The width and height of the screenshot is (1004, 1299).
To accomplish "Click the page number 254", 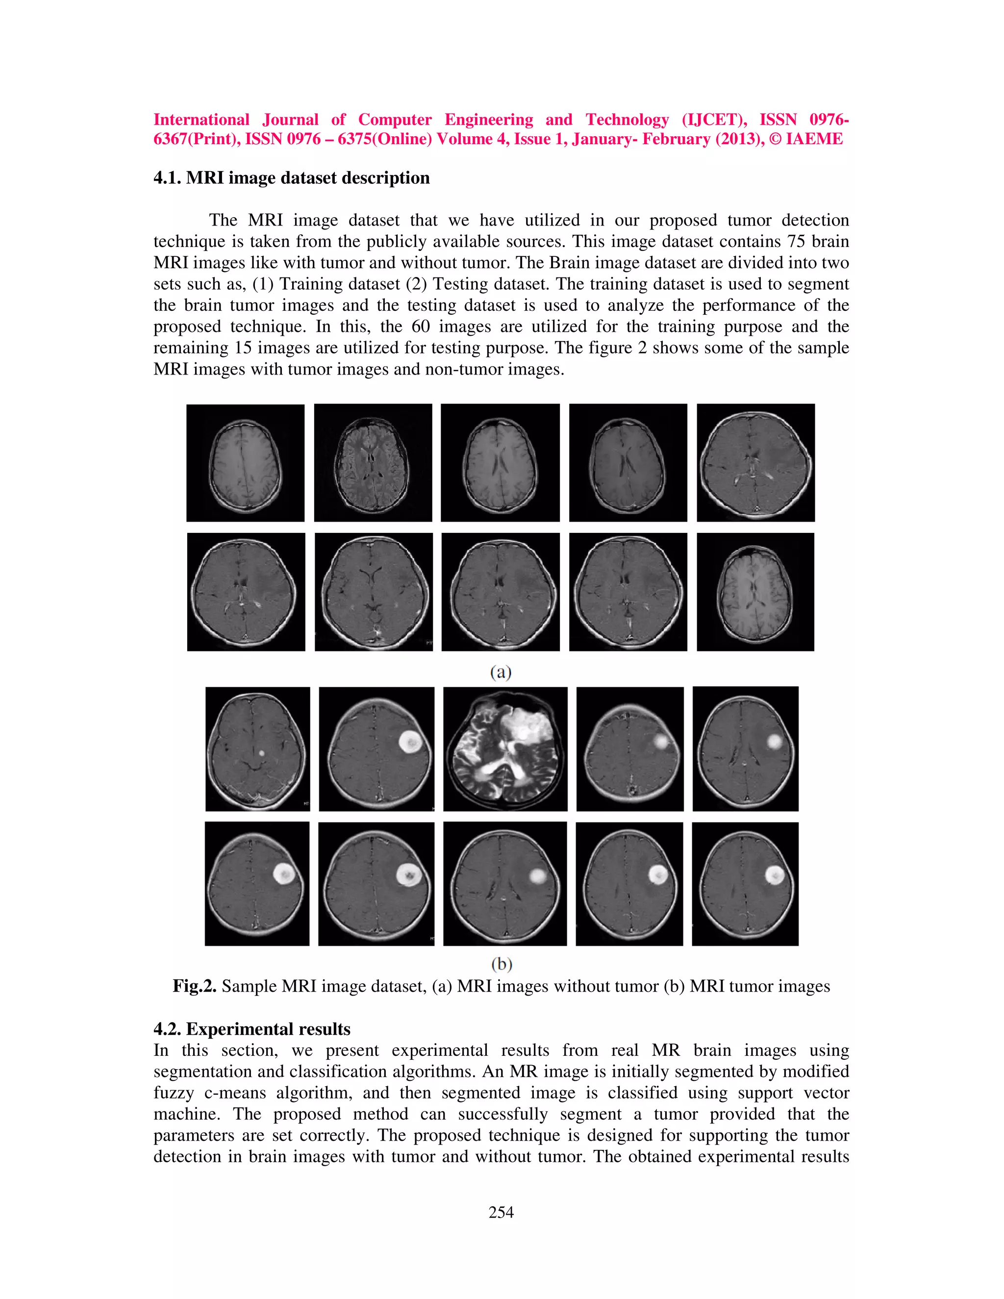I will pos(501,1213).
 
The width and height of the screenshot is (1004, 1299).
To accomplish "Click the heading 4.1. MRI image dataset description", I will pos(292,178).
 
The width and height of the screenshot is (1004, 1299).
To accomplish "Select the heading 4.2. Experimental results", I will pos(251,1029).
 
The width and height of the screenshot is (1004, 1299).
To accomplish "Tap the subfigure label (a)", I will pos(501,672).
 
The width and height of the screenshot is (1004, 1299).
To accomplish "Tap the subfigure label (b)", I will pos(502,964).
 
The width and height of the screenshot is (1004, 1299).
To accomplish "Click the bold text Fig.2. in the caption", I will pos(195,986).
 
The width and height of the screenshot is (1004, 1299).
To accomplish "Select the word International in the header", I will pos(201,120).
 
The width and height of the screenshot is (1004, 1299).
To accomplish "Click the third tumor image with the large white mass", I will pos(505,749).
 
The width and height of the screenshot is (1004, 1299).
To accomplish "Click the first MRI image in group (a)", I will pos(245,463).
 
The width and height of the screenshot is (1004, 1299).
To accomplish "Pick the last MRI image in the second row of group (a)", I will pos(755,592).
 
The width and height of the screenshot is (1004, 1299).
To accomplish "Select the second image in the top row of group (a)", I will pos(373,463).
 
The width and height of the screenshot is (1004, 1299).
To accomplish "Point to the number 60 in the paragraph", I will pos(421,326).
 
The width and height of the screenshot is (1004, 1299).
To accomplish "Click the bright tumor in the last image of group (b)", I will pos(775,874).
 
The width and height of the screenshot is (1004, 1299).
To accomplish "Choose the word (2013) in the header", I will pos(739,139).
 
